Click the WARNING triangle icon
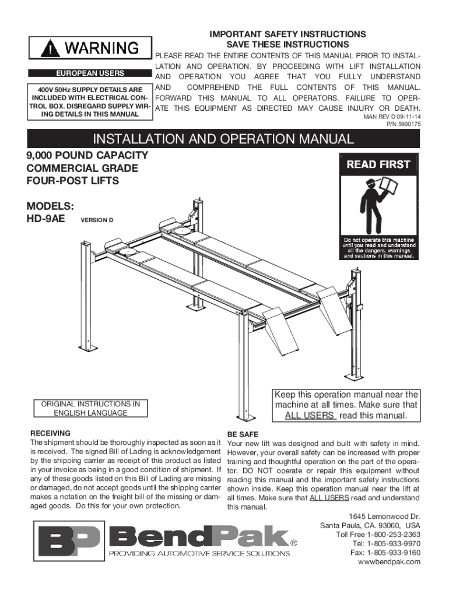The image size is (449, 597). coord(54,48)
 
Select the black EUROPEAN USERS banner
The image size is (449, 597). coord(89,74)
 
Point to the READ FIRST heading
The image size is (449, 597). coord(378,165)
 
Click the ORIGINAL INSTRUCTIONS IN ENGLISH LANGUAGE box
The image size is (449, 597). coord(90,408)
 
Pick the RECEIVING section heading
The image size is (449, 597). coord(50,433)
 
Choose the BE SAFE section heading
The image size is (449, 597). coord(243,435)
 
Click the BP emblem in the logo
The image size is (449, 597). coord(69,542)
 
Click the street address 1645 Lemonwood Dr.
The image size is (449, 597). coord(384,517)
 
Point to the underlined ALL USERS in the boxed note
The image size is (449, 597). coord(310,416)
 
